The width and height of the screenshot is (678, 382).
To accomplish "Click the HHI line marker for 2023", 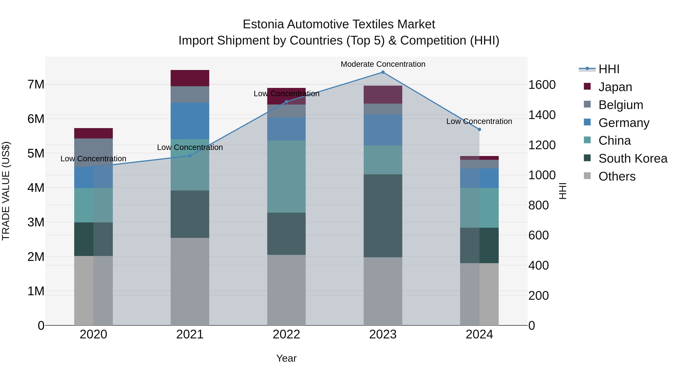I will (383, 72).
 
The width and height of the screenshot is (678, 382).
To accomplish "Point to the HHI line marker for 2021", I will (190, 156).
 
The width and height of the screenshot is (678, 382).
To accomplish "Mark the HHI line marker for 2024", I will (479, 129).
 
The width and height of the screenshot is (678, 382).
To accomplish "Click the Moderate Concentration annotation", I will (383, 64).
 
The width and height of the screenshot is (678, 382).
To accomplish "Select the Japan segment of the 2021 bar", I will (190, 78).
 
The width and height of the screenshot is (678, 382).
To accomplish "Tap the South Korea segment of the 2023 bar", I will (383, 216).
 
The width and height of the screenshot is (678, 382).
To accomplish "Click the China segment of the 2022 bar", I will (286, 176).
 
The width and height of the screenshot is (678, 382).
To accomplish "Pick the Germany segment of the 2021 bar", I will (190, 121).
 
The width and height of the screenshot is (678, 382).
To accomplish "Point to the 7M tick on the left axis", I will (36, 85).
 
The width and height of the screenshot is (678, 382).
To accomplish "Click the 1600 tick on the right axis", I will (542, 85).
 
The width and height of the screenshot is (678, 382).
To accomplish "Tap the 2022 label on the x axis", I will (286, 334).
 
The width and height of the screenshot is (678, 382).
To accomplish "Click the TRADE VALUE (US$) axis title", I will (6, 191).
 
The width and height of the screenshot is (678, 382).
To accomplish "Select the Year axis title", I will (286, 358).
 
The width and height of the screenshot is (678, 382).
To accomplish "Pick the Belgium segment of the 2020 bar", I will (93, 152).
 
